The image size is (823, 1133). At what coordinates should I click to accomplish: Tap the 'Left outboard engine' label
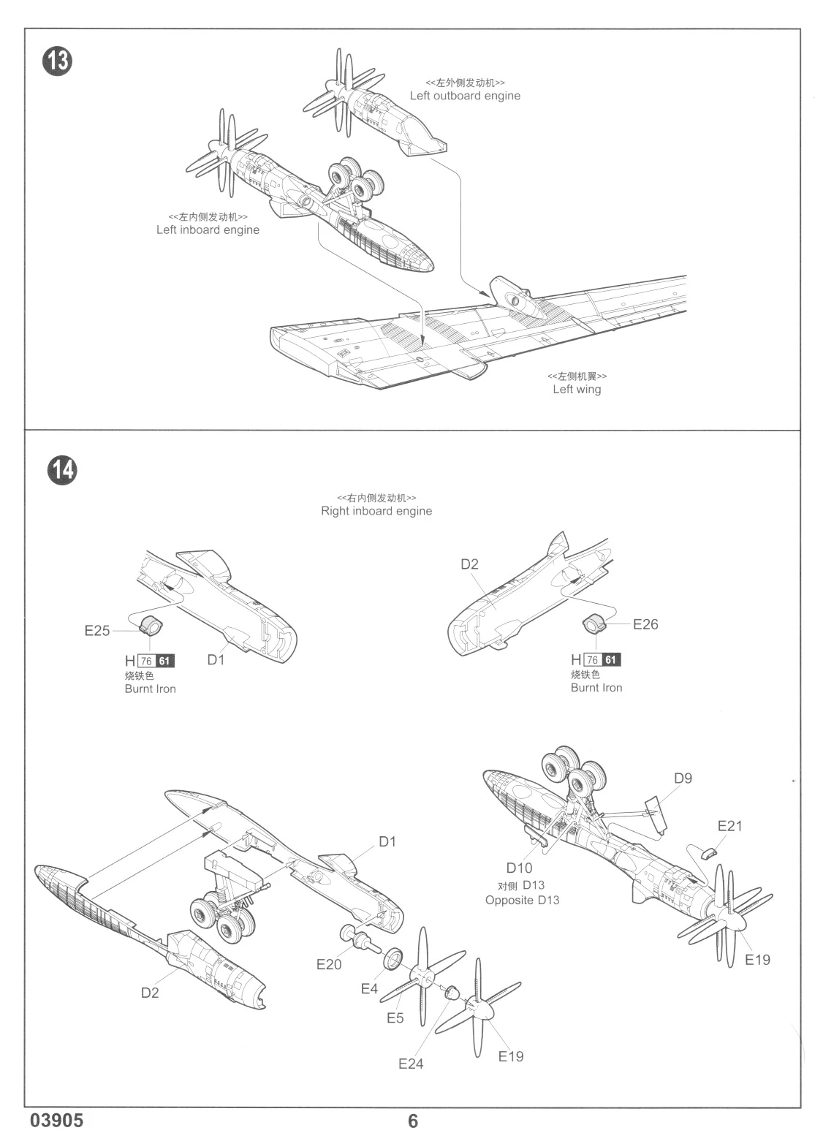[x=465, y=96]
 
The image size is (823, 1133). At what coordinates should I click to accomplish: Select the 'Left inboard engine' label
[x=208, y=230]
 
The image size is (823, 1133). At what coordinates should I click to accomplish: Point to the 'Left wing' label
[x=577, y=389]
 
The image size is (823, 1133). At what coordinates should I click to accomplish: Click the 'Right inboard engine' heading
[x=376, y=511]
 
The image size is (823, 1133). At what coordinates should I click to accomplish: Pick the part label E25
[x=97, y=630]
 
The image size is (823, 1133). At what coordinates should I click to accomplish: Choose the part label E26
[x=645, y=624]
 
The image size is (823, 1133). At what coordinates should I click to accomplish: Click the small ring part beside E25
[x=151, y=626]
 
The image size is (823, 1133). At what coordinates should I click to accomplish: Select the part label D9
[x=682, y=778]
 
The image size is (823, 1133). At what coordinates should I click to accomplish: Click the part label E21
[x=729, y=826]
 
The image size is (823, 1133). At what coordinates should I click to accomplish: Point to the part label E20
[x=329, y=964]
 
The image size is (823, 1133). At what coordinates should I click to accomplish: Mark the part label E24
[x=411, y=1064]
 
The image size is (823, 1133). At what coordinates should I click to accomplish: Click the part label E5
[x=395, y=1018]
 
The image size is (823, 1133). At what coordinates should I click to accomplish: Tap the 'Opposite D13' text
[x=522, y=900]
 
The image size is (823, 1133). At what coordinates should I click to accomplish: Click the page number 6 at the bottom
[x=413, y=1121]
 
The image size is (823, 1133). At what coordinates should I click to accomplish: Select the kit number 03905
[x=57, y=1120]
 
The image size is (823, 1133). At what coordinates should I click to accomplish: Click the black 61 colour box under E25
[x=166, y=661]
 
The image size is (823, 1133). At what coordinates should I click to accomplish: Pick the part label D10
[x=519, y=868]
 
